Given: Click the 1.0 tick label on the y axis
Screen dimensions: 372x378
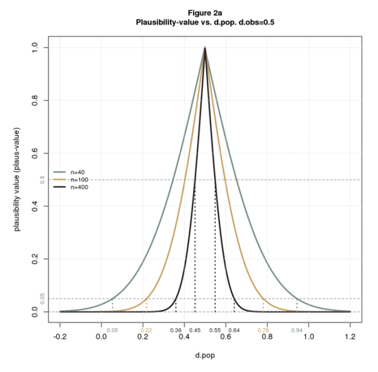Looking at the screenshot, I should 35,47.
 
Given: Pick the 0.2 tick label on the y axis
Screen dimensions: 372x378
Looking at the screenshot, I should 35,259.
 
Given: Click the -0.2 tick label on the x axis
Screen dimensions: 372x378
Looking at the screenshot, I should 60,337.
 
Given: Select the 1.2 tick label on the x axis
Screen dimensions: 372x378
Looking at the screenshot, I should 350,337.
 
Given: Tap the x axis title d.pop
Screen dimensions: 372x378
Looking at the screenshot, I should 205,356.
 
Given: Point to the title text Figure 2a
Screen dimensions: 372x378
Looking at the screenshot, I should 205,12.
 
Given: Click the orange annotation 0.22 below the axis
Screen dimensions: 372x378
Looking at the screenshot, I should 146,329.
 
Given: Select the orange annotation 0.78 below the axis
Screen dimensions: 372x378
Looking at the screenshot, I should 263,329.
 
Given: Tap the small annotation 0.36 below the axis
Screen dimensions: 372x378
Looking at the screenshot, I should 176,329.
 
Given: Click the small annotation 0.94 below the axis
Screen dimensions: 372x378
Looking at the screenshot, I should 297,329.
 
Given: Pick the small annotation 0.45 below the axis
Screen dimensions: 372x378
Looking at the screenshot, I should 195,329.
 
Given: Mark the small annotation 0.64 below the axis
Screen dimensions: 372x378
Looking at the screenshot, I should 234,329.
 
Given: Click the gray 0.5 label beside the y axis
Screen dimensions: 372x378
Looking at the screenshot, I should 42,180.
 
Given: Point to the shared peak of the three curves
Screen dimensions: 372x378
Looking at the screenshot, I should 205,48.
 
